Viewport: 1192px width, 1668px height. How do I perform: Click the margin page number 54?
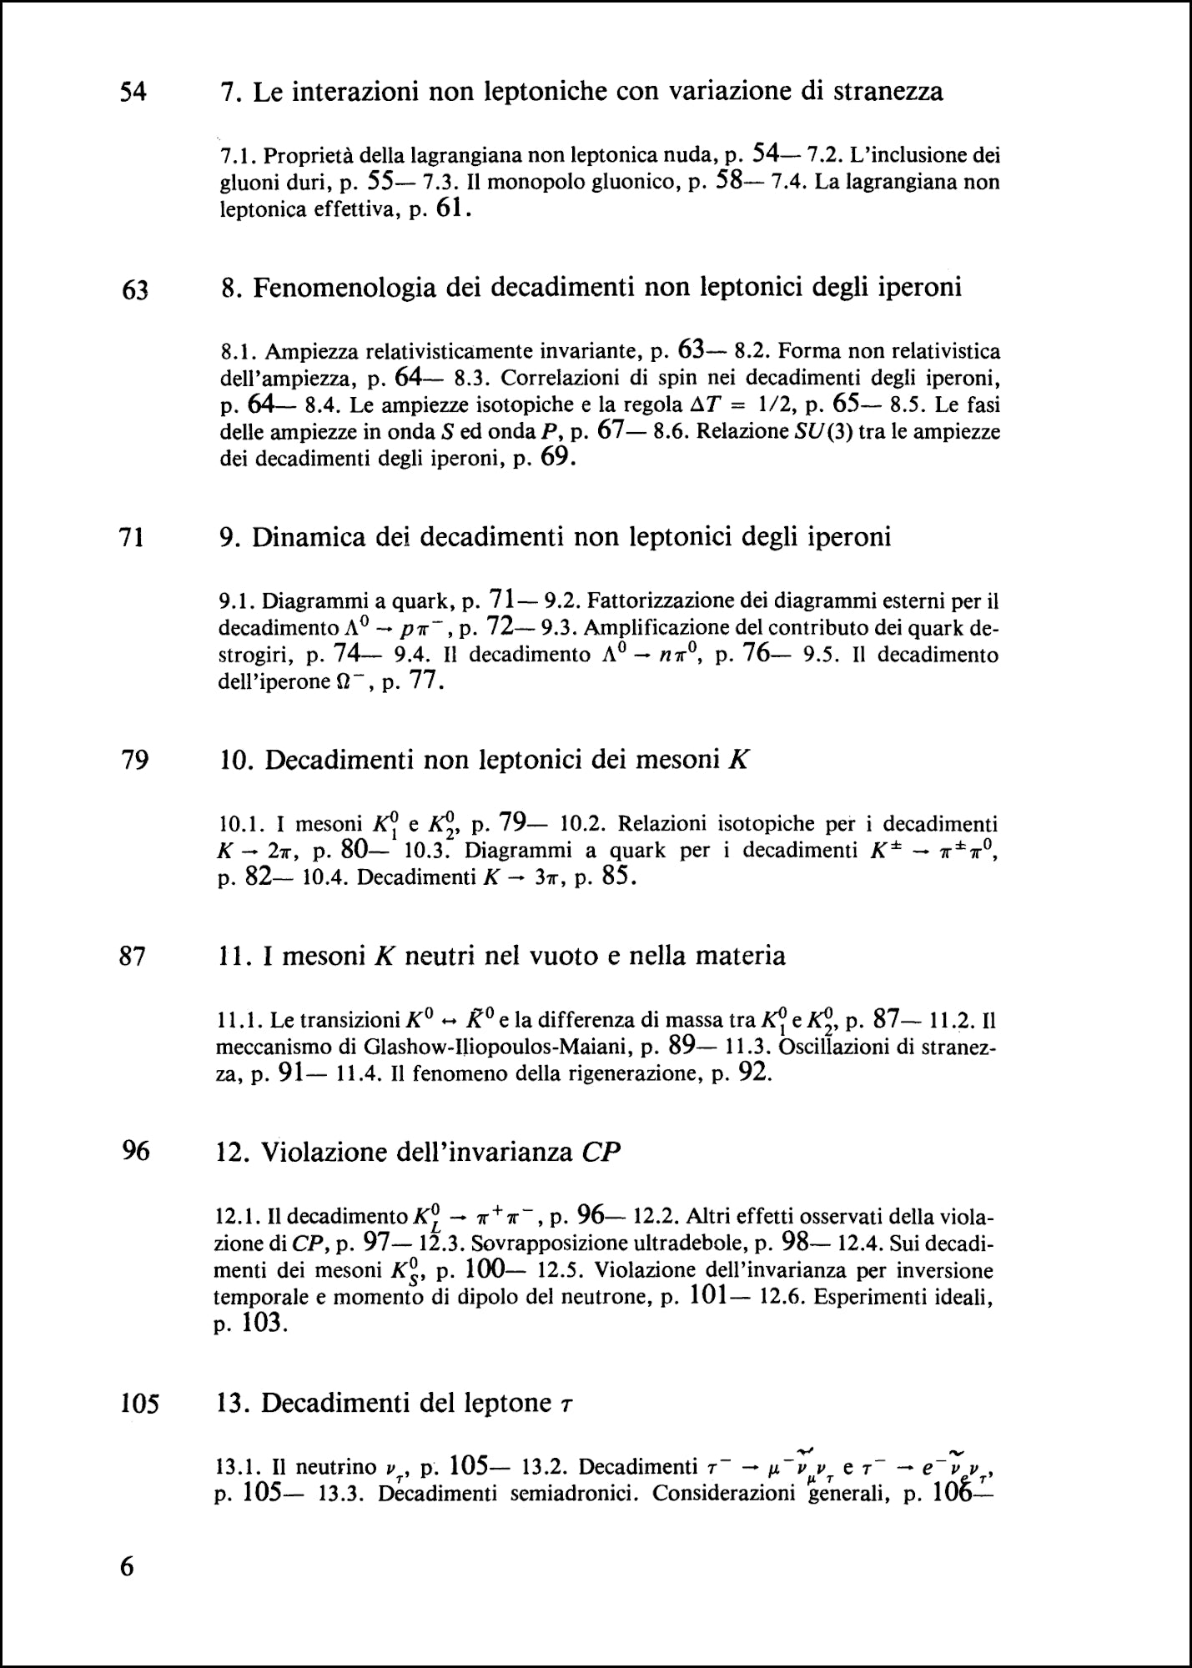pos(133,92)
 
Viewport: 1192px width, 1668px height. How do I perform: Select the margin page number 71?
pos(133,538)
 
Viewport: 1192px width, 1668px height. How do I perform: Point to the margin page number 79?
pos(134,761)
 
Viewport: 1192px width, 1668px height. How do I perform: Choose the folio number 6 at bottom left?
pos(127,1566)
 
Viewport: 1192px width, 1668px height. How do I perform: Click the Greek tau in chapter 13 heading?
pos(566,1407)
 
